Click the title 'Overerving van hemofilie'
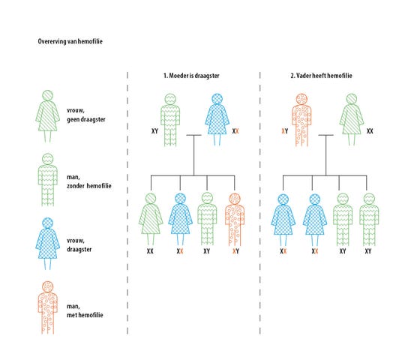pyautogui.click(x=70, y=41)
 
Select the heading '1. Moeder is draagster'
pyautogui.click(x=191, y=76)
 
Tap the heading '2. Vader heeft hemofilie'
pyautogui.click(x=321, y=76)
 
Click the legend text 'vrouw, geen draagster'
pyautogui.click(x=86, y=115)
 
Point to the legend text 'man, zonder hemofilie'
pyautogui.click(x=89, y=181)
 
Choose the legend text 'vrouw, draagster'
pyautogui.click(x=79, y=244)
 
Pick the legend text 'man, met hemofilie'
pyautogui.click(x=85, y=310)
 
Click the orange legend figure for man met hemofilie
pyautogui.click(x=48, y=307)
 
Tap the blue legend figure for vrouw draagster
pyautogui.click(x=48, y=244)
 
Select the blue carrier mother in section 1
pyautogui.click(x=217, y=119)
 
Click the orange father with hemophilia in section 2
pyautogui.click(x=301, y=120)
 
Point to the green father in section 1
pyautogui.click(x=170, y=120)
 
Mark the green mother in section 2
pyautogui.click(x=352, y=119)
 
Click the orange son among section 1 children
pyautogui.click(x=235, y=219)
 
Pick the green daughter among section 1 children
pyautogui.click(x=151, y=219)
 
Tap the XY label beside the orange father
pyautogui.click(x=285, y=131)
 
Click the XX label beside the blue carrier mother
pyautogui.click(x=235, y=131)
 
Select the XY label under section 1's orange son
pyautogui.click(x=235, y=251)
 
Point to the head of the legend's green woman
pyautogui.click(x=48, y=96)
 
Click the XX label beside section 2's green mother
pyautogui.click(x=370, y=131)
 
